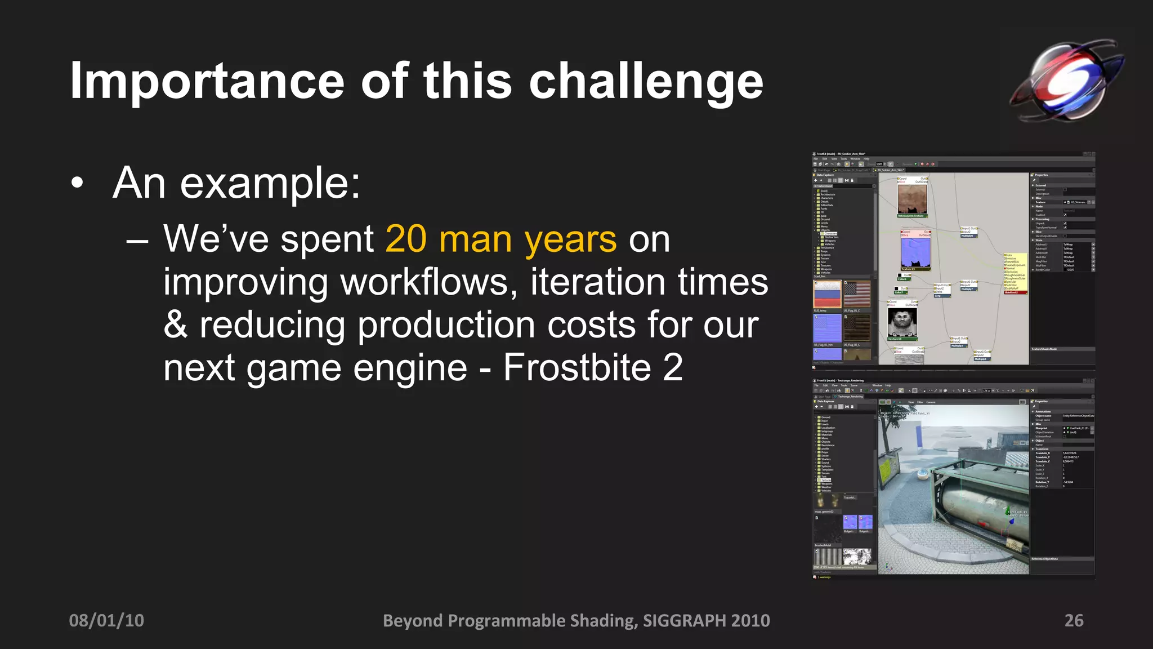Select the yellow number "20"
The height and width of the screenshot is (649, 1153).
(406, 239)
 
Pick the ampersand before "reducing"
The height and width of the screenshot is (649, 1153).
(175, 325)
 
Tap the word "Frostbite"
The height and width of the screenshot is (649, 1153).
(576, 367)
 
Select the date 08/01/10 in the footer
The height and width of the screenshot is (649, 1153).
(106, 620)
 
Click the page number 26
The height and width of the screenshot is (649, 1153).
(1074, 620)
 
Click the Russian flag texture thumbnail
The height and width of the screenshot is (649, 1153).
(827, 294)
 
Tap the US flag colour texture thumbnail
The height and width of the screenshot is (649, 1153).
(857, 294)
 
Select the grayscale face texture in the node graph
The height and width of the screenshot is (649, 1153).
(902, 323)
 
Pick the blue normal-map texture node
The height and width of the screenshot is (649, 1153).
(915, 251)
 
